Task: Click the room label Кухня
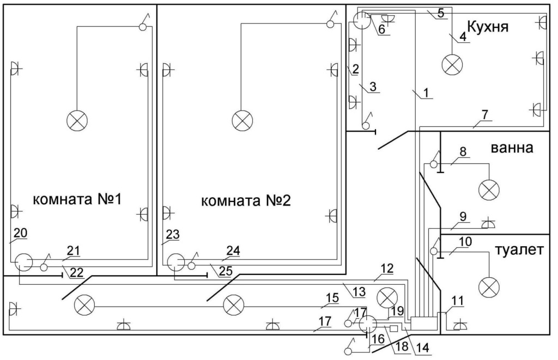(x=488, y=26)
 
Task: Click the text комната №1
(x=76, y=200)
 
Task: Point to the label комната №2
(x=246, y=201)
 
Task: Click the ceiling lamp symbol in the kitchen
(x=452, y=65)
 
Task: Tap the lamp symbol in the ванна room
(x=489, y=190)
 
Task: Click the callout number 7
(x=484, y=116)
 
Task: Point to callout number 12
(x=387, y=269)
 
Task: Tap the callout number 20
(x=20, y=233)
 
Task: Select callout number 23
(x=173, y=234)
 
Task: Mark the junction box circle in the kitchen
(x=361, y=21)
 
